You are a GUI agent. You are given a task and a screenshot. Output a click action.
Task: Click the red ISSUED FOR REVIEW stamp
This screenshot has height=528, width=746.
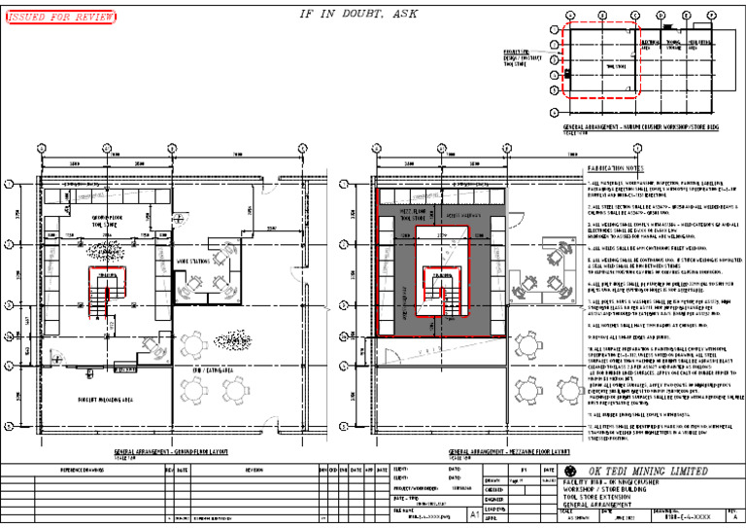60,18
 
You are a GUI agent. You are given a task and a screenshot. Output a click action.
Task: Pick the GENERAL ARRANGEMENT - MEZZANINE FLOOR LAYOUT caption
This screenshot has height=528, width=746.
504,452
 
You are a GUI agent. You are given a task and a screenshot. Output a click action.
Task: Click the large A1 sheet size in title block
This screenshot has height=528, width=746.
473,511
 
